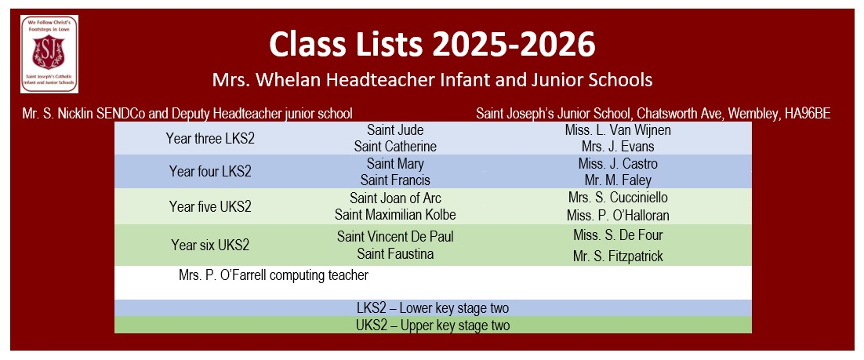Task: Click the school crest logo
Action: point(49,54)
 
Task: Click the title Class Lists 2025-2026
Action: point(433,45)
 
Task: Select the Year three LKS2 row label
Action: point(210,138)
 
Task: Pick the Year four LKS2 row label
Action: point(210,172)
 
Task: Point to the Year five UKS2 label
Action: point(210,207)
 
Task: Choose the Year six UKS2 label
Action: point(210,245)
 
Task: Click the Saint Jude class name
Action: point(395,131)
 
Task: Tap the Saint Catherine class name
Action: point(395,147)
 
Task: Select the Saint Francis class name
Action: point(395,180)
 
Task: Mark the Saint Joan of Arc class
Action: point(395,198)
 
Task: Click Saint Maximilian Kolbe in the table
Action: point(395,214)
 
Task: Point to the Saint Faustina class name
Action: point(395,254)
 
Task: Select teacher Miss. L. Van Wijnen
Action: point(618,131)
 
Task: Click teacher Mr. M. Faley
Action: point(618,180)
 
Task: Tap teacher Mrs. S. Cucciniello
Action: point(618,198)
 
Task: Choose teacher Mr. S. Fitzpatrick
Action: point(618,256)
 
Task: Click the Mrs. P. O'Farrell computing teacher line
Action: point(274,275)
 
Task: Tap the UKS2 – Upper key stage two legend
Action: point(433,325)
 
